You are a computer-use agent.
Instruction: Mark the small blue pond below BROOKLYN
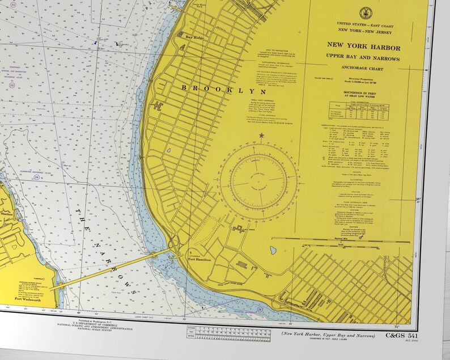tap(168, 151)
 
